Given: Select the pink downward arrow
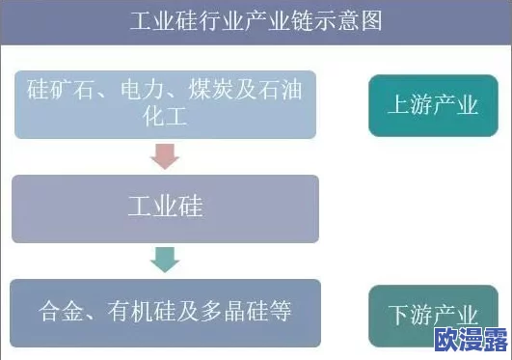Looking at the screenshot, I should point(166,155).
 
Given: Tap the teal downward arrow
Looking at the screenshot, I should point(166,258).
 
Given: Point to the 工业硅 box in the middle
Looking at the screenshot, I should point(165,208).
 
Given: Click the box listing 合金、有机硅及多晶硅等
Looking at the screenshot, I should point(165,313).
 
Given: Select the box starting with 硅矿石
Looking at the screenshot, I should point(165,104).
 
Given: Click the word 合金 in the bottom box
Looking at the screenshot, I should point(60,313).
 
